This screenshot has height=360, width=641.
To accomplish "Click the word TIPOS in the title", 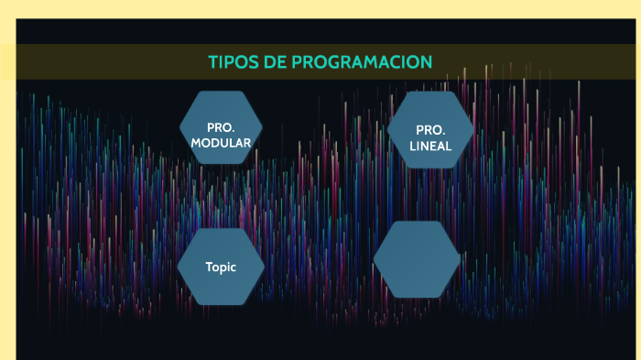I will pyautogui.click(x=233, y=62).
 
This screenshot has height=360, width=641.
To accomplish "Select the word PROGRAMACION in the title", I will pyautogui.click(x=363, y=62).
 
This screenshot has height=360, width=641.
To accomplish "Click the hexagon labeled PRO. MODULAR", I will pyautogui.click(x=221, y=127).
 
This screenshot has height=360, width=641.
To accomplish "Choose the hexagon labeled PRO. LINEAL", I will pyautogui.click(x=430, y=130).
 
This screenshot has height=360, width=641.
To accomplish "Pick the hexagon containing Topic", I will pyautogui.click(x=221, y=267).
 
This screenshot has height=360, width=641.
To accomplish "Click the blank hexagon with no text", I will pyautogui.click(x=417, y=259).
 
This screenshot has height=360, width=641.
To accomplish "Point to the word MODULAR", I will pyautogui.click(x=221, y=142).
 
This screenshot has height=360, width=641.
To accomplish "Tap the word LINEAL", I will pyautogui.click(x=430, y=146).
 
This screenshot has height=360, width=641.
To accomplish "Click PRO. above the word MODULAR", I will pyautogui.click(x=221, y=127).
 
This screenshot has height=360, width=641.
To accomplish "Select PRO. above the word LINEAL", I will pyautogui.click(x=430, y=130).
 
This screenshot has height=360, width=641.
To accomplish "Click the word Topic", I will pyautogui.click(x=221, y=267).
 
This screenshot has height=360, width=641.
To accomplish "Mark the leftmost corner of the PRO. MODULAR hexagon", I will pyautogui.click(x=179, y=127).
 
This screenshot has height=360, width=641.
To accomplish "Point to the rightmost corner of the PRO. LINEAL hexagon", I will pyautogui.click(x=474, y=130).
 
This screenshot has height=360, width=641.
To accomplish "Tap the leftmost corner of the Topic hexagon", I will pyautogui.click(x=177, y=267).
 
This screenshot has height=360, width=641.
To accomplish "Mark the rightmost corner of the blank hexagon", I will pyautogui.click(x=461, y=259).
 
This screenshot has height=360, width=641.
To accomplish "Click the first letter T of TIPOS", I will pyautogui.click(x=213, y=62).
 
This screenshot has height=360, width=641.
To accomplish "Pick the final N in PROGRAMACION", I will pyautogui.click(x=426, y=62).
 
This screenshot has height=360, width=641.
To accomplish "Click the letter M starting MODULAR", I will pyautogui.click(x=196, y=142).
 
